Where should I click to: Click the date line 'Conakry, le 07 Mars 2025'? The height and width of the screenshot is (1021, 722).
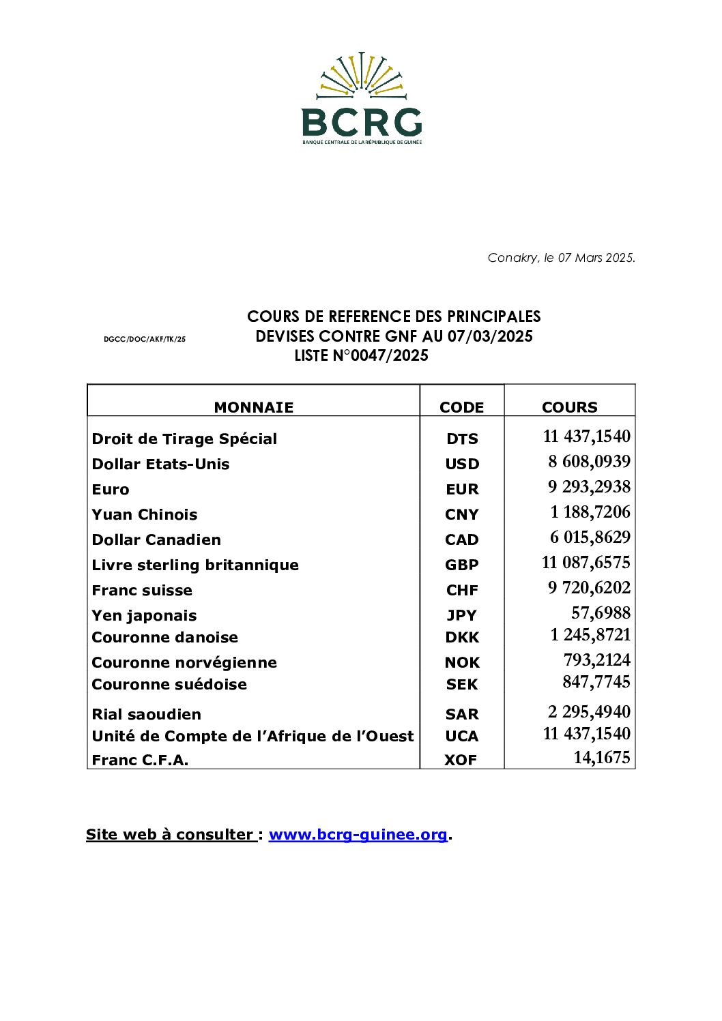561,258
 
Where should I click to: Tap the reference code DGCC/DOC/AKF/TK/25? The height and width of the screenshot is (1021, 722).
145,339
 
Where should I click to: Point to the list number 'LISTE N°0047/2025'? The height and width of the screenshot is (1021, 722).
361,355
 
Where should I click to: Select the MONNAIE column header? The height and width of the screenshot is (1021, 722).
253,407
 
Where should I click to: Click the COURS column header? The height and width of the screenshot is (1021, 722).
569,407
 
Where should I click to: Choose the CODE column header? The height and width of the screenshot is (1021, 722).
461,407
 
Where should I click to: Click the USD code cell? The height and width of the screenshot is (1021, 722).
462,464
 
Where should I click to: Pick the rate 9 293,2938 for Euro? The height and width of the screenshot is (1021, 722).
589,487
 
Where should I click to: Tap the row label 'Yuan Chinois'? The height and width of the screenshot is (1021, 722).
145,515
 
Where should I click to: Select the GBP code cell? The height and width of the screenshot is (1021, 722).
462,565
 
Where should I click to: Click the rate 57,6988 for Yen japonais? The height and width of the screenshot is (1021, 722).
601,613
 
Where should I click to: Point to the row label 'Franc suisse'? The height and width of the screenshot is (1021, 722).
142,591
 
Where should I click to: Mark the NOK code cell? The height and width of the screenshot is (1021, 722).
462,663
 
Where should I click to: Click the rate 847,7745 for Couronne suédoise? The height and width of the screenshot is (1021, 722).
596,682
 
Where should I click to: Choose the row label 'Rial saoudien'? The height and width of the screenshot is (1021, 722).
147,715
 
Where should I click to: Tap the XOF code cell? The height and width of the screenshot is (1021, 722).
461,760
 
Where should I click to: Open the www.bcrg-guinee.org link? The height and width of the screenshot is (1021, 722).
358,835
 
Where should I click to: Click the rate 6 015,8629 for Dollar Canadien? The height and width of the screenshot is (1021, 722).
590,537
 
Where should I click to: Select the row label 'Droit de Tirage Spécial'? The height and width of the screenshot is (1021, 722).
184,439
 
